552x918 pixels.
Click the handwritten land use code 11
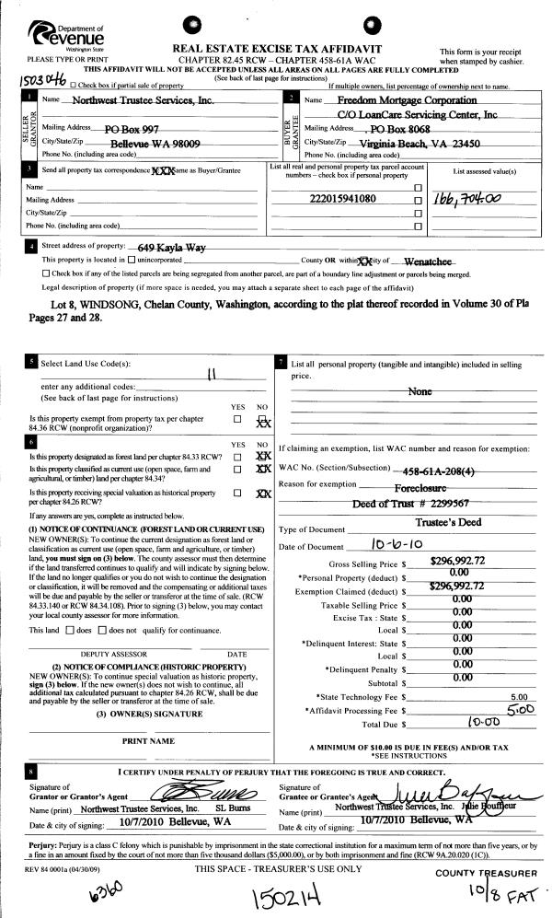212,374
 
